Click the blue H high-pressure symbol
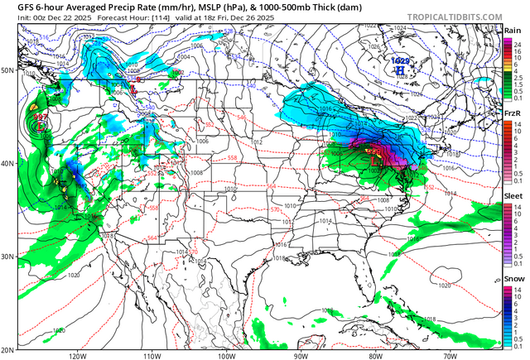click(x=400, y=71)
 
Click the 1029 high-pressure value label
click(x=400, y=61)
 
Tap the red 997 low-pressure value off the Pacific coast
click(x=41, y=118)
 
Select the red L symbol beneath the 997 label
click(x=41, y=127)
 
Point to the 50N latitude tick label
click(x=7, y=70)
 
